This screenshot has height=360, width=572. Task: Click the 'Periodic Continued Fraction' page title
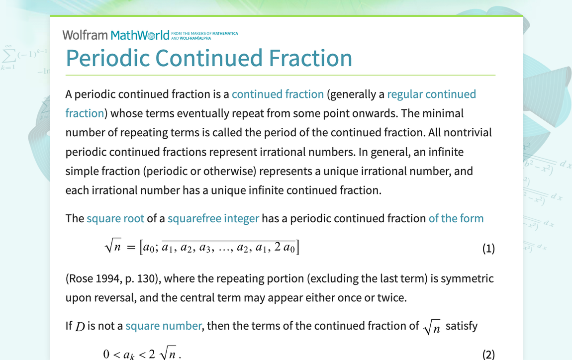pyautogui.click(x=209, y=58)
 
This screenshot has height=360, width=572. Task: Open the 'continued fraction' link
pyautogui.click(x=278, y=94)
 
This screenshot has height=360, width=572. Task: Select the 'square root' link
pyautogui.click(x=115, y=218)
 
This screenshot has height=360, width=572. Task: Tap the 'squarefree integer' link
pyautogui.click(x=213, y=218)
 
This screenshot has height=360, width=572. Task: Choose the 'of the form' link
pyautogui.click(x=456, y=218)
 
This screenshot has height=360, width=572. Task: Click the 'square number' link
pyautogui.click(x=163, y=326)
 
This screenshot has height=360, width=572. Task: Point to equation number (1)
pyautogui.click(x=488, y=248)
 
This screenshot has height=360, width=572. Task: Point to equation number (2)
pyautogui.click(x=488, y=354)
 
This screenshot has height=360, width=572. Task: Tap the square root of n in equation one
pyautogui.click(x=113, y=247)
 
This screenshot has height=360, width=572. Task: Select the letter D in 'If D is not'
pyautogui.click(x=80, y=327)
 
